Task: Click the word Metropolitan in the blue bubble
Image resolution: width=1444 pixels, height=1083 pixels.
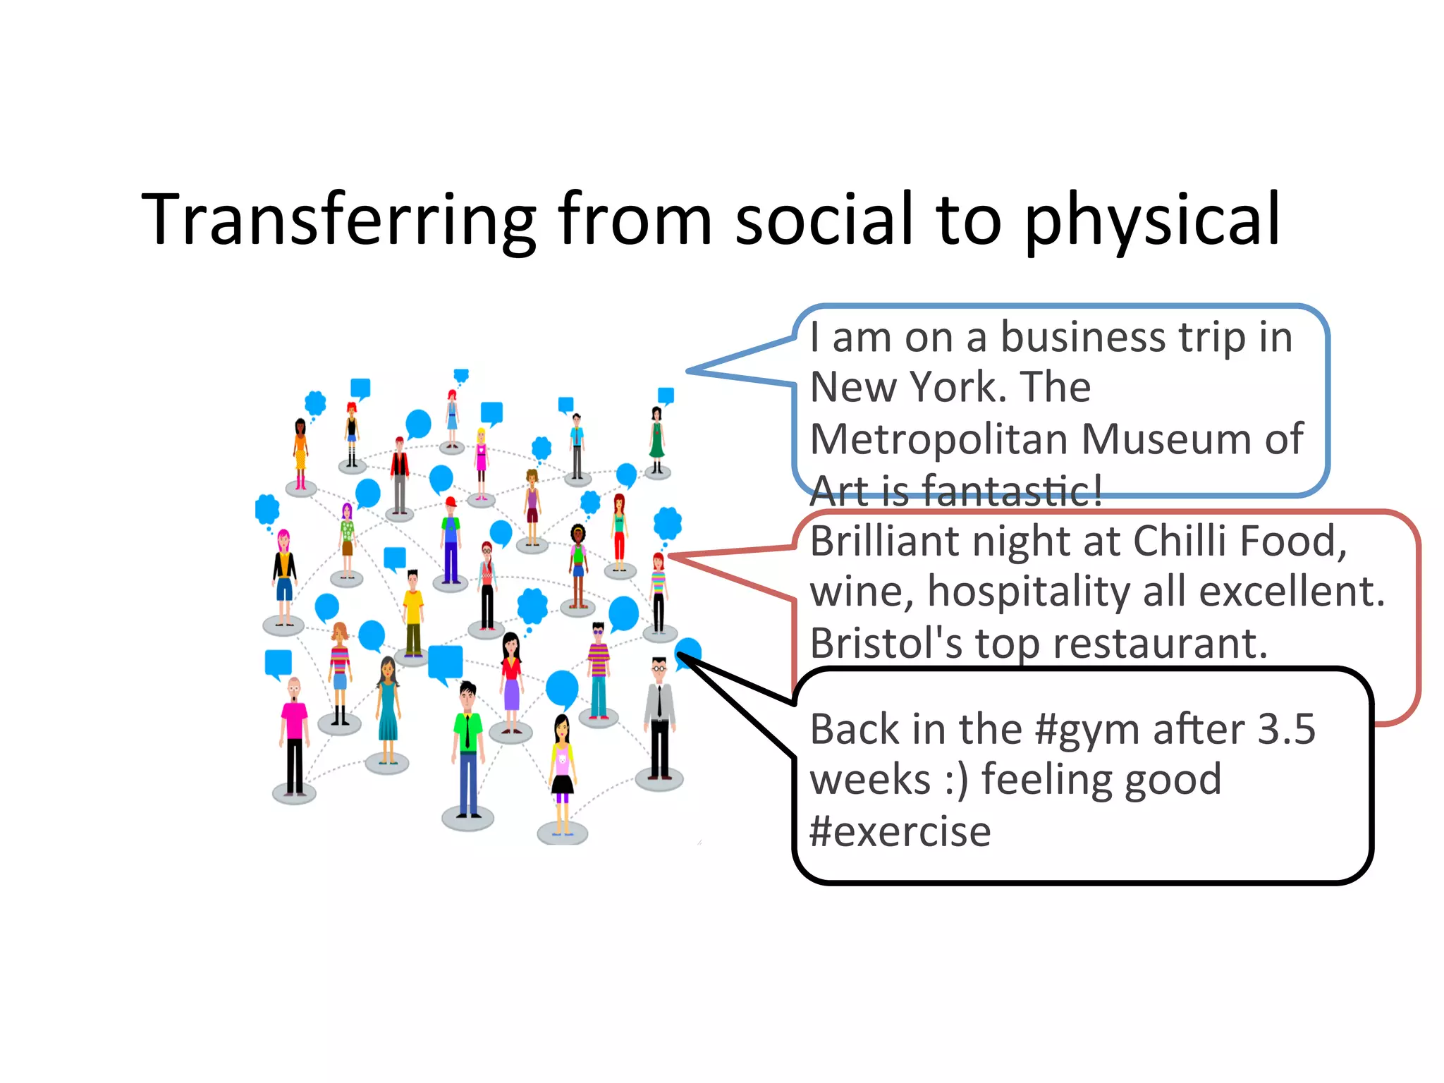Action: pos(939,439)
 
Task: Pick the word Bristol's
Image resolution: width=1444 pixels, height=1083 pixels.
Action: pos(886,643)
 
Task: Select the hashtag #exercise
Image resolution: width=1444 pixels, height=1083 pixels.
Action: pos(900,832)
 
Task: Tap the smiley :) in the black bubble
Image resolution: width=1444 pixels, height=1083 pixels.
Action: pos(957,781)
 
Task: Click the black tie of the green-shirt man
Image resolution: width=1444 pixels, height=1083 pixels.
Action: pos(467,733)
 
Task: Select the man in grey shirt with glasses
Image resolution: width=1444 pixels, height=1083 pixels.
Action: pos(659,719)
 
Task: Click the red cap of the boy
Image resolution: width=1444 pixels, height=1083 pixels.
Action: pos(451,501)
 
